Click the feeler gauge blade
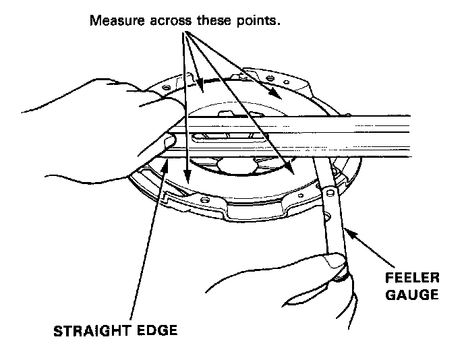click(332, 216)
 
